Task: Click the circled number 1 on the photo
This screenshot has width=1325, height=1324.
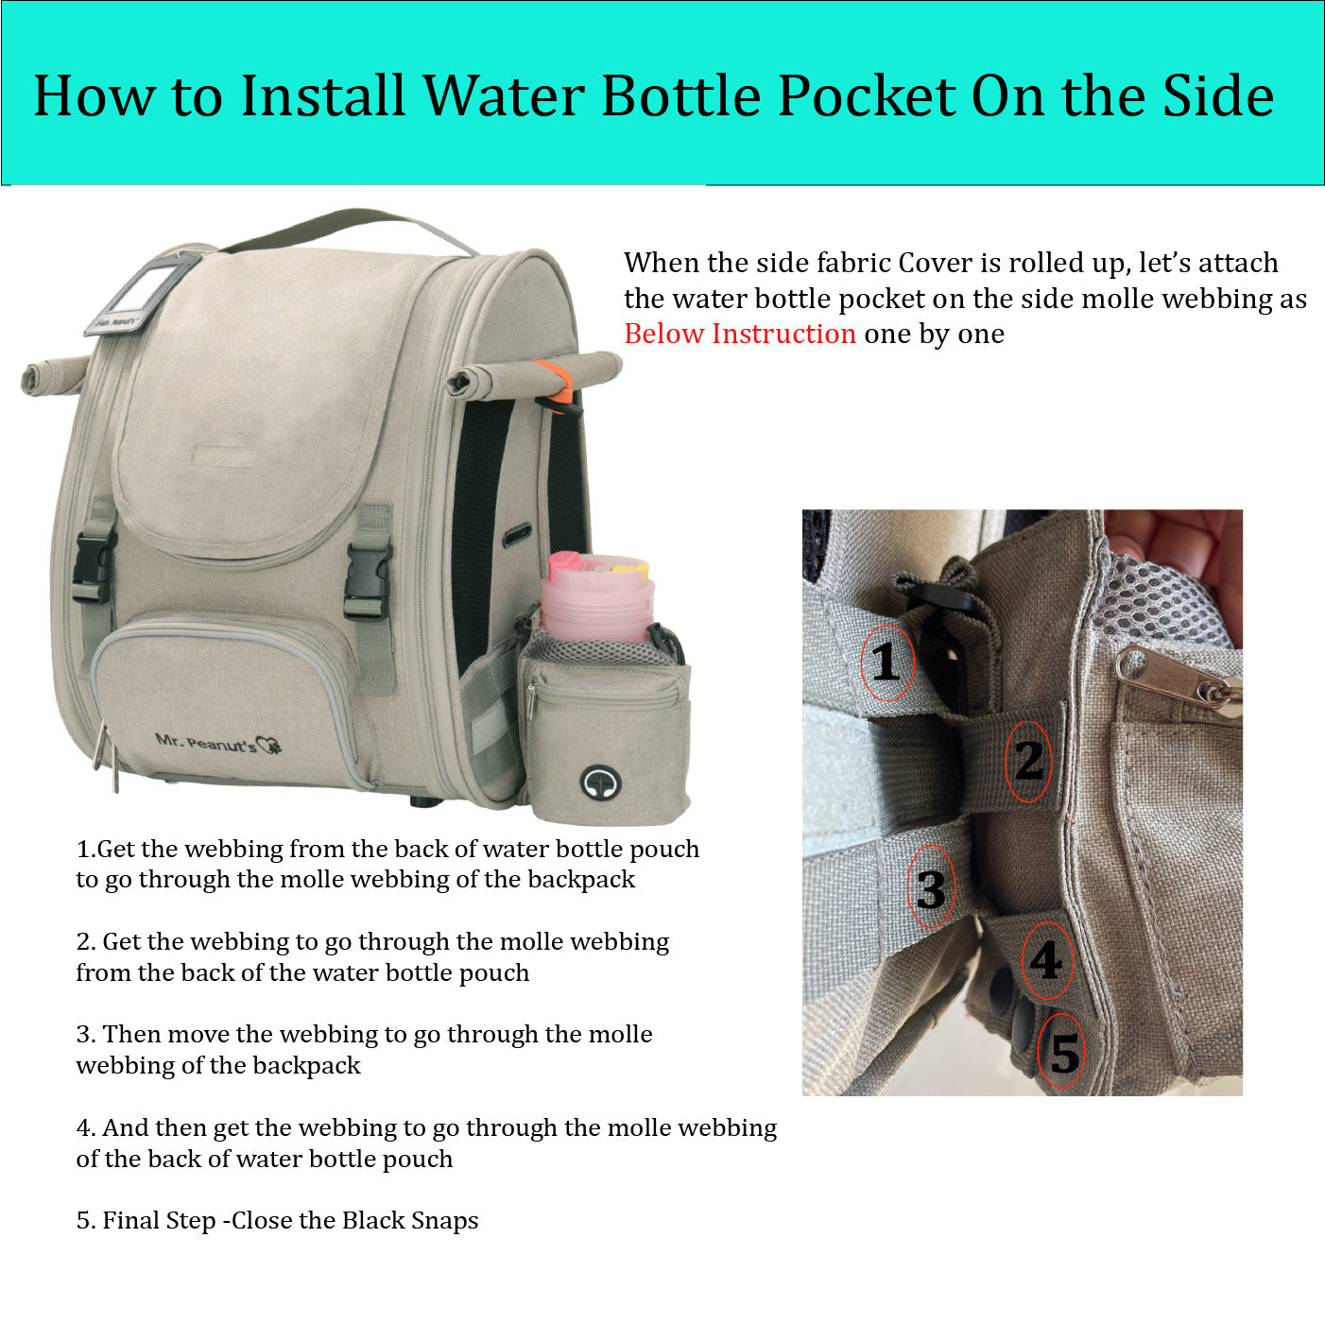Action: (x=887, y=662)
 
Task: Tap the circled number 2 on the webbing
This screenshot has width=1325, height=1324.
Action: (x=1028, y=761)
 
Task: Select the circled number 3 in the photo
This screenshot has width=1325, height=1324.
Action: (x=931, y=888)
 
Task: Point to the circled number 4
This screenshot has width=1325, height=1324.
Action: (x=1046, y=960)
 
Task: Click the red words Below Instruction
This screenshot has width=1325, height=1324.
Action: (x=740, y=334)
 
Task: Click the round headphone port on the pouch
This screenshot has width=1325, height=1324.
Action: (x=600, y=782)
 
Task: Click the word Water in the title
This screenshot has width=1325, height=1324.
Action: (x=504, y=95)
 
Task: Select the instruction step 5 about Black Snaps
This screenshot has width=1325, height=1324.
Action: (x=277, y=1221)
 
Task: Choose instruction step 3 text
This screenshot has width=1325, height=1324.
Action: (x=364, y=1050)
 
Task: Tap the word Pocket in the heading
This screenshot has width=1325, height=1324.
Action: (x=867, y=95)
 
